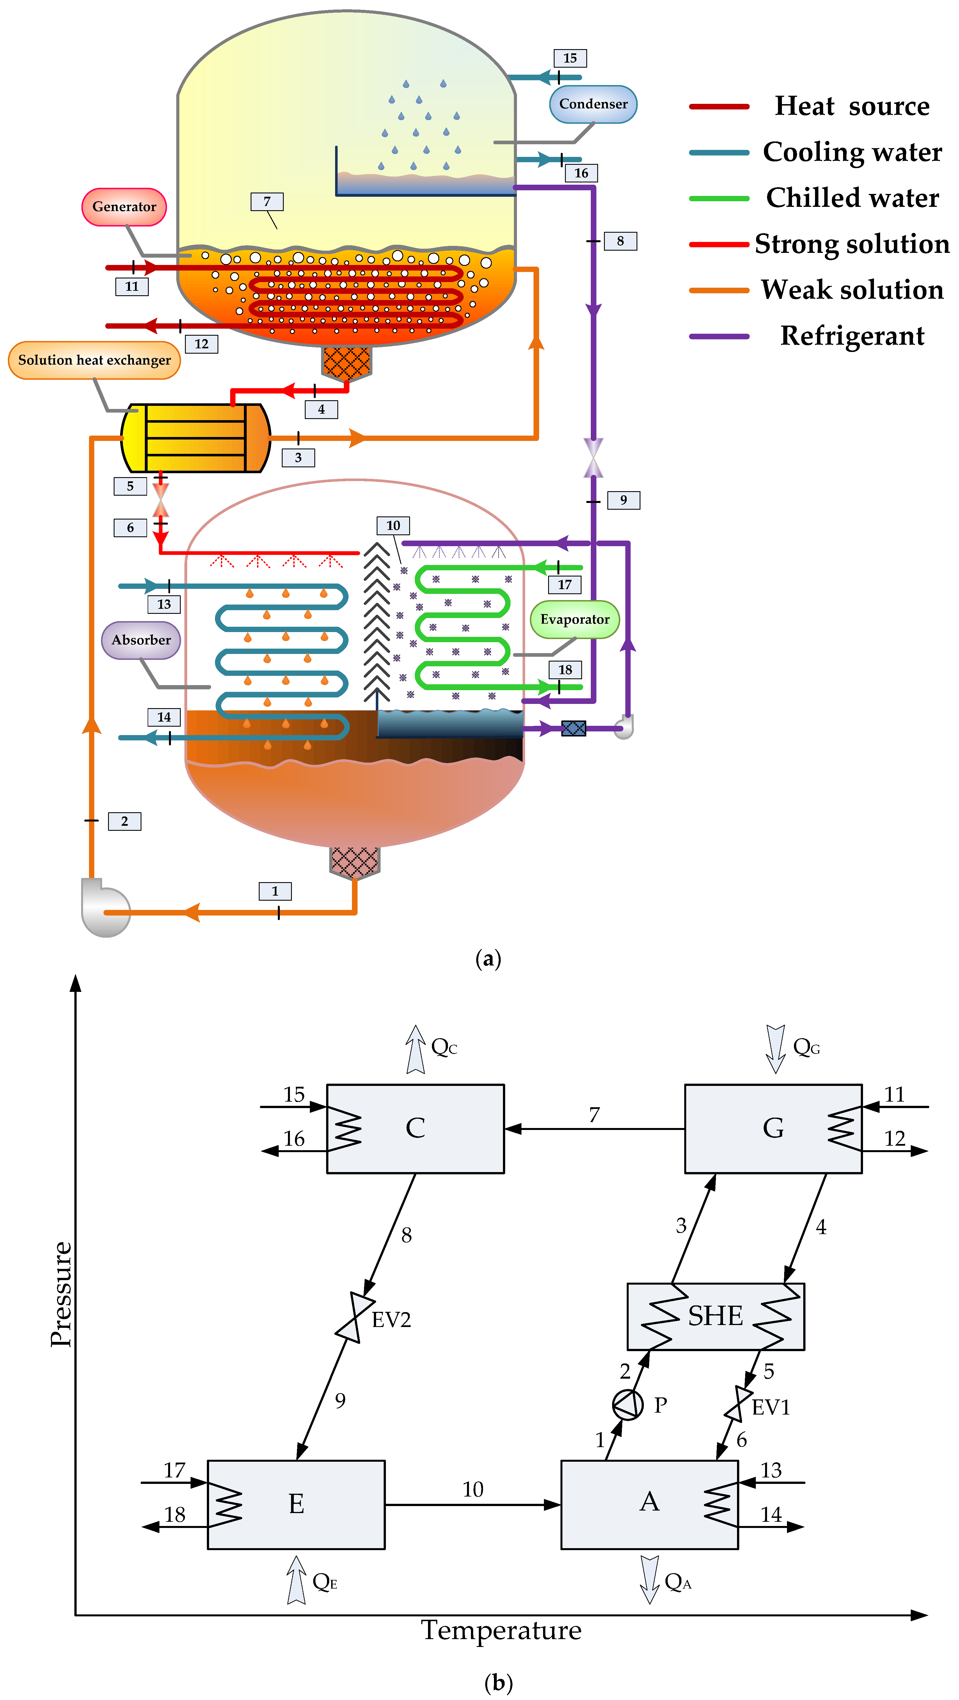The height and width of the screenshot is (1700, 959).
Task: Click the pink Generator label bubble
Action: pyautogui.click(x=124, y=207)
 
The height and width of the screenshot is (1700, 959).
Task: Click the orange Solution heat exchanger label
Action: pyautogui.click(x=94, y=360)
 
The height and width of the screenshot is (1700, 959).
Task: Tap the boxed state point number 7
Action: pyautogui.click(x=267, y=201)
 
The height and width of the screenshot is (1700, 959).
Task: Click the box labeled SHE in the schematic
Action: pyautogui.click(x=715, y=1317)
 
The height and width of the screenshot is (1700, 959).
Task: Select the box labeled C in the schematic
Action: pyautogui.click(x=415, y=1129)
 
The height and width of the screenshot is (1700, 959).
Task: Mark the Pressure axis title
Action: pyautogui.click(x=61, y=1294)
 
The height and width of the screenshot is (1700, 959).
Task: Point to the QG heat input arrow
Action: pyautogui.click(x=775, y=1048)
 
